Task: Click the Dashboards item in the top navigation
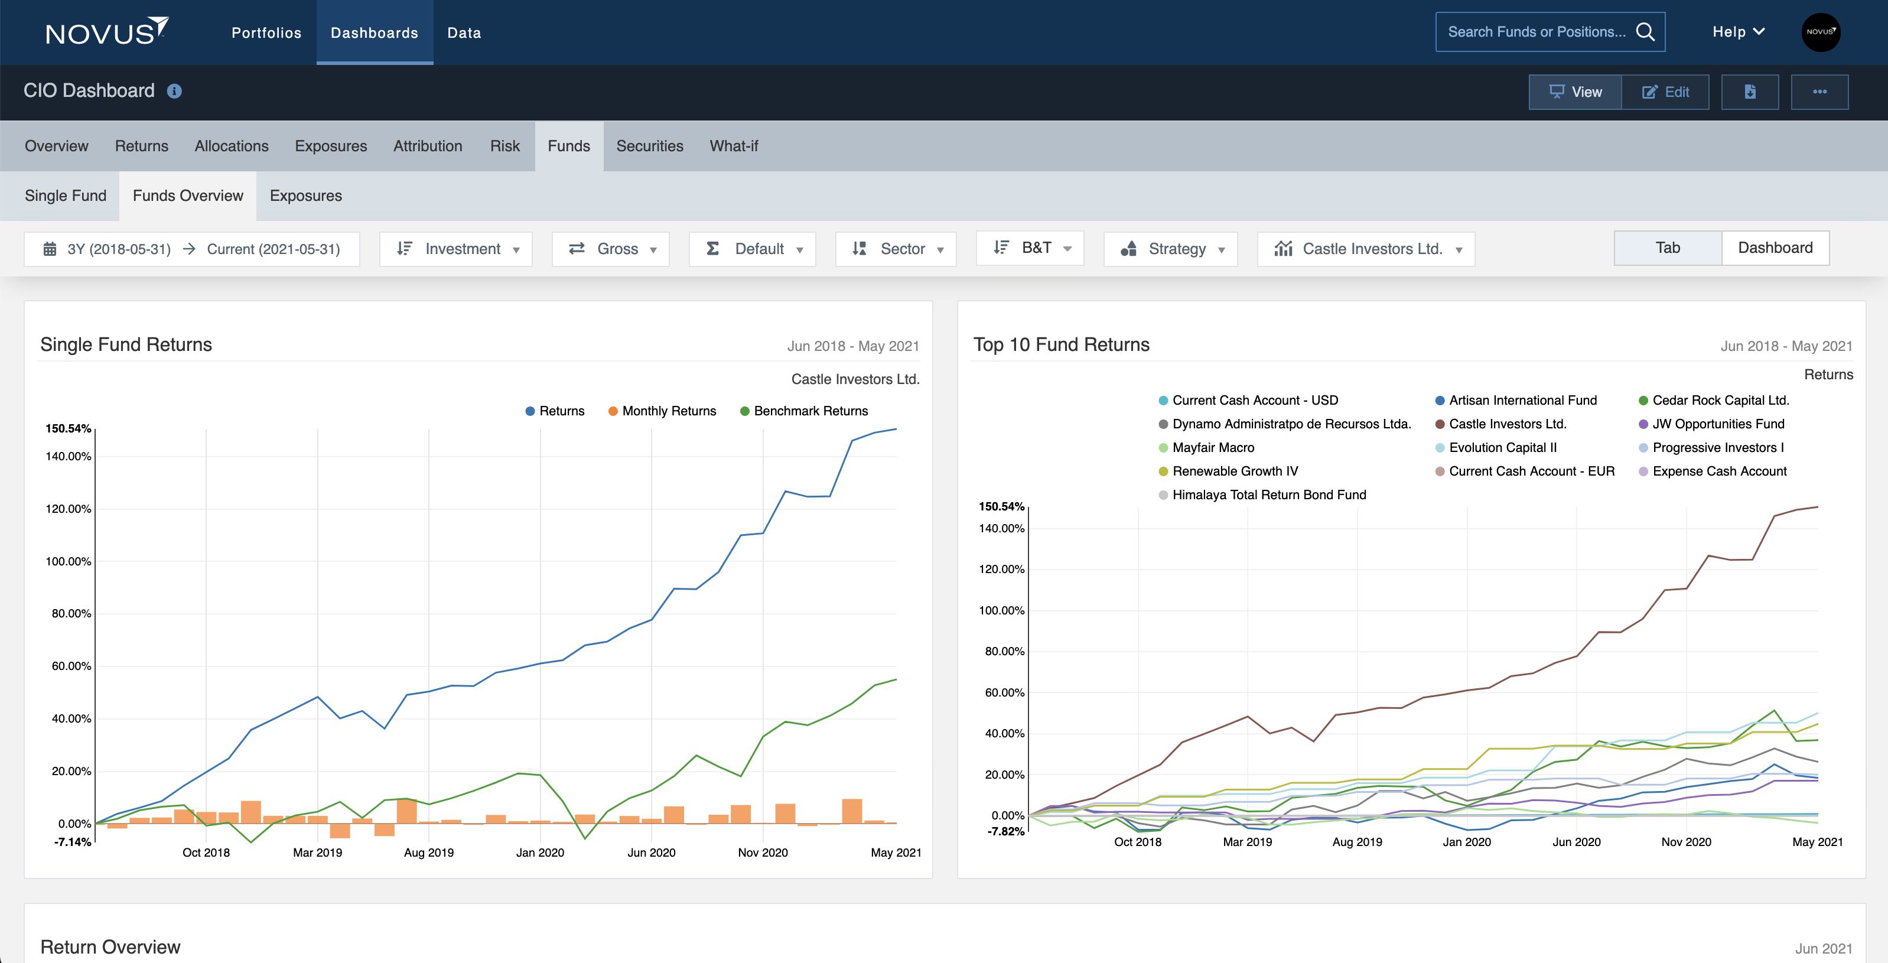coord(374,33)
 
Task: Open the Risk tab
coord(504,146)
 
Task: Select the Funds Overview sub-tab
coord(188,196)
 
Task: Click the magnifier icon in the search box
coord(1645,31)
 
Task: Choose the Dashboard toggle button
coord(1775,248)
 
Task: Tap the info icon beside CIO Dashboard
coord(174,91)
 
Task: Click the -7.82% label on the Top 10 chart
coord(1005,831)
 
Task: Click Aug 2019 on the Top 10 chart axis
coord(1357,842)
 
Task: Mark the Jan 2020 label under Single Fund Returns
coord(539,853)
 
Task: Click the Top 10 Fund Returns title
coord(1060,344)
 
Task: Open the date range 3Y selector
coord(192,249)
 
